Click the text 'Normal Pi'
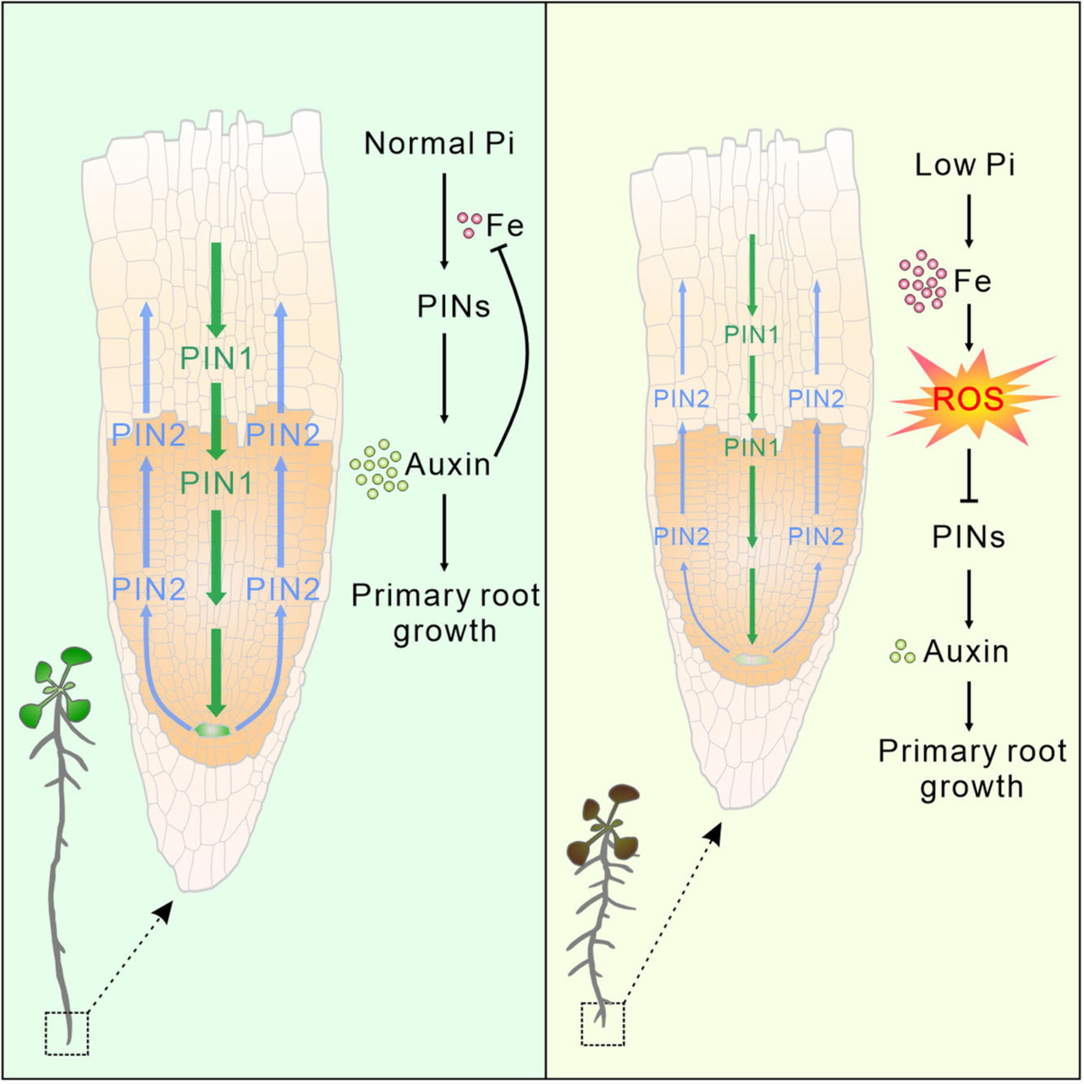pos(439,144)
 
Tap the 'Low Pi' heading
pos(964,165)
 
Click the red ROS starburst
pos(968,398)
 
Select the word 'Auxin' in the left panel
pos(447,464)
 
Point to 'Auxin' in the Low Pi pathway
pos(966,651)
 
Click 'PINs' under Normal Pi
pos(453,307)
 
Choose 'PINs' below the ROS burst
pos(969,537)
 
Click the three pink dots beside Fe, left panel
pos(470,225)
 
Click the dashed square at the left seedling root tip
pos(67,1033)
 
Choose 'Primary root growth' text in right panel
pos(972,769)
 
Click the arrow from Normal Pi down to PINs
pos(444,221)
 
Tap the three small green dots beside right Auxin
pos(902,651)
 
